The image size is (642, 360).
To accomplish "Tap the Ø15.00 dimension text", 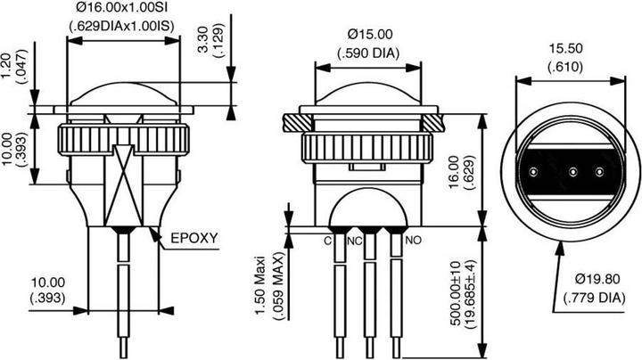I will [369, 35].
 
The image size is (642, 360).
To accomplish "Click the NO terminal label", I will [414, 241].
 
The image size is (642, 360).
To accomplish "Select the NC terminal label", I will [354, 241].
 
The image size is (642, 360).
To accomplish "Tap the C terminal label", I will [327, 241].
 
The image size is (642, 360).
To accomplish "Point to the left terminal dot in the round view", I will [533, 170].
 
